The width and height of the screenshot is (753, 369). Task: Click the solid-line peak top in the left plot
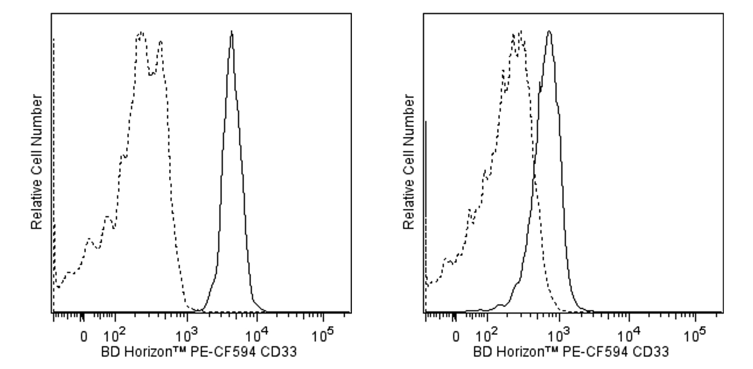[x=232, y=32]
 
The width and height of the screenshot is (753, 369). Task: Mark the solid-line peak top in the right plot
[x=550, y=31]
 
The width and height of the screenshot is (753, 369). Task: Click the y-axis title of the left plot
[x=37, y=162]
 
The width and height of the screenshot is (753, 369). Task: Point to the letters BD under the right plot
[x=481, y=353]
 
